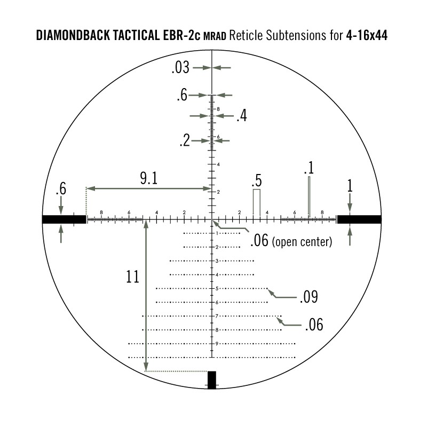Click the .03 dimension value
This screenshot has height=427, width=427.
point(180,68)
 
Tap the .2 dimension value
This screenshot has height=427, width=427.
point(185,141)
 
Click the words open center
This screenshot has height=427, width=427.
point(302,242)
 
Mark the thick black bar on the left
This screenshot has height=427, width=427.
point(64,219)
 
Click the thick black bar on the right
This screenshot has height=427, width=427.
point(359,219)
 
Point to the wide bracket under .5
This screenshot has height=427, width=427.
point(257,202)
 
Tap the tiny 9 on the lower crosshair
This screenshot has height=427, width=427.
point(217,343)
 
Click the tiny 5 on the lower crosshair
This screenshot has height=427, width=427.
point(217,288)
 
